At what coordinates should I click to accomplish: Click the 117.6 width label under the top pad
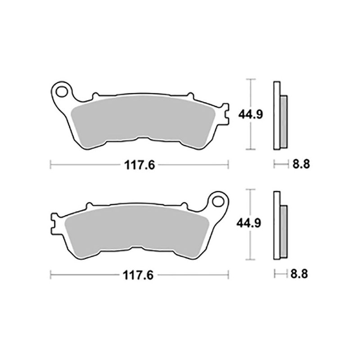click(x=139, y=165)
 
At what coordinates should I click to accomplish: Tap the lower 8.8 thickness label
click(x=300, y=273)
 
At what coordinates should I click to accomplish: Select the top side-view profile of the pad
click(x=277, y=115)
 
